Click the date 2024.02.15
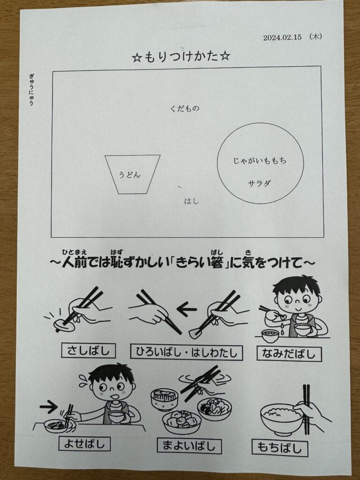tap(282, 37)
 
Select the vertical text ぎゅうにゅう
tap(31, 90)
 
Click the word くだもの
tap(185, 108)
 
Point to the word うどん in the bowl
tap(130, 175)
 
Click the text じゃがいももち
tap(260, 161)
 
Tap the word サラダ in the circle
tap(259, 183)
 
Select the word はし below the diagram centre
tap(192, 201)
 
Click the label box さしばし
tap(89, 351)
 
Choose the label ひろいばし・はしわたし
tap(187, 352)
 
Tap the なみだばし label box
tap(289, 353)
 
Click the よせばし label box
tap(84, 443)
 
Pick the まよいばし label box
tap(189, 445)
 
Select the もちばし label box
tap(280, 448)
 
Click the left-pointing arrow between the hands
tap(187, 309)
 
